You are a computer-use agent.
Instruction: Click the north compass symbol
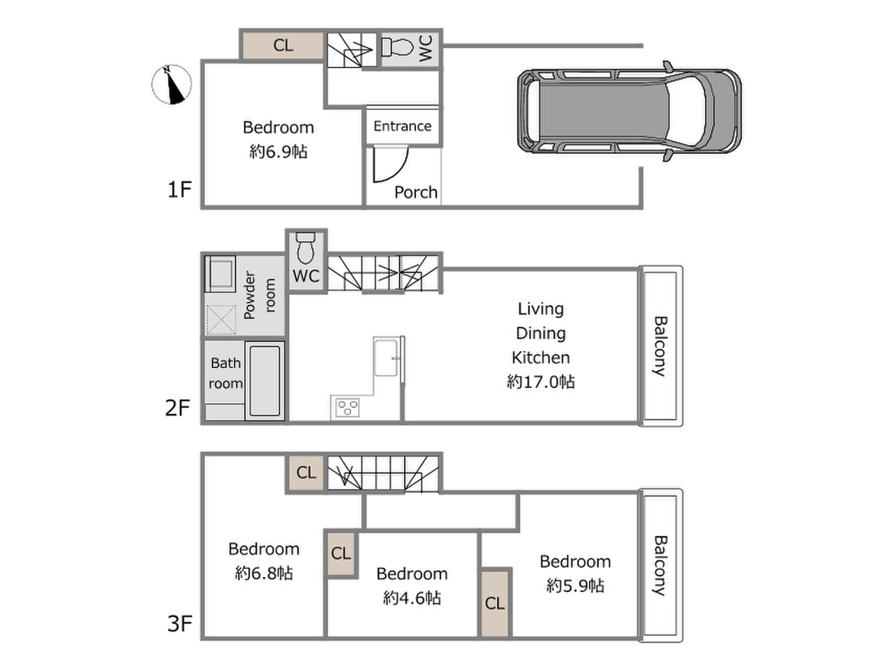coord(171,84)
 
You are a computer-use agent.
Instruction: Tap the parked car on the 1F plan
coord(629,111)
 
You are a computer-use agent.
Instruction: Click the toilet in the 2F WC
coord(306,247)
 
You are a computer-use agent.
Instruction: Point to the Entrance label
coord(402,126)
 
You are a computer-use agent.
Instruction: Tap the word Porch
coord(416,192)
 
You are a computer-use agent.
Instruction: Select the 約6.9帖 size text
coord(278,151)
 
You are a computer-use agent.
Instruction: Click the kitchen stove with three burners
coord(348,407)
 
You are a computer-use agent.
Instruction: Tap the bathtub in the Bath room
coord(265,381)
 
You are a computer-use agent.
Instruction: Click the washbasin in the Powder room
coord(220,273)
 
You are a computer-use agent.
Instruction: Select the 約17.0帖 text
coord(540,381)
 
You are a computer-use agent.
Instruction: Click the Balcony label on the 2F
coord(660,346)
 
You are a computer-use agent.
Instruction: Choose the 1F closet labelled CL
coord(283,45)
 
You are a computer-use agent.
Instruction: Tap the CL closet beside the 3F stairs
coord(307,472)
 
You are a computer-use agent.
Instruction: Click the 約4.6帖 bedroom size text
coord(412,598)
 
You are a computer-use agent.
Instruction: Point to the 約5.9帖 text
coord(575,585)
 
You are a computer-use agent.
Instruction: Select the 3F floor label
coord(180,624)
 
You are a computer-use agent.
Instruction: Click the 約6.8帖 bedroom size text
coord(264,573)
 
